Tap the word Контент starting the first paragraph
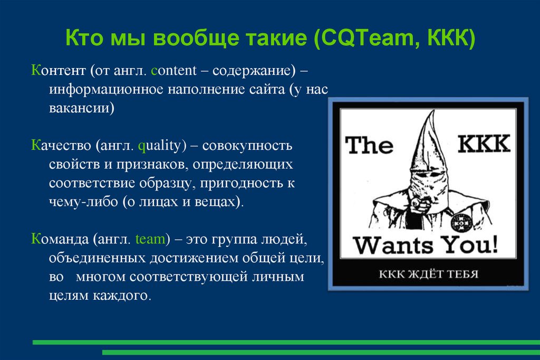[58, 70]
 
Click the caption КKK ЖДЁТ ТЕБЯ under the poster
[428, 274]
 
